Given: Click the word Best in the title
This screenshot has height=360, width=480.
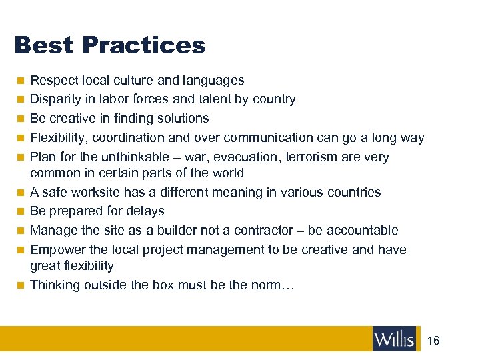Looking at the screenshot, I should point(43,45).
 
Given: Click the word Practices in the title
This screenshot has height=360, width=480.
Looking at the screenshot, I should point(143,45).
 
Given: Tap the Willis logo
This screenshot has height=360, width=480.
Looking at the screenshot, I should point(394,339).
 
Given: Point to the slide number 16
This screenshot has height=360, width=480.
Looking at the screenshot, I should point(433,341).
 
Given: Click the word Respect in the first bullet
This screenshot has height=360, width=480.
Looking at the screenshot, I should point(55,81).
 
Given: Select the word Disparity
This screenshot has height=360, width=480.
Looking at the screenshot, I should point(55,100).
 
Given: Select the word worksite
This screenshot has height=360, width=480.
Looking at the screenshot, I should point(97,193).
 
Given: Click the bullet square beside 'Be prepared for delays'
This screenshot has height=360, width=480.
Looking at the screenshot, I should point(21,211).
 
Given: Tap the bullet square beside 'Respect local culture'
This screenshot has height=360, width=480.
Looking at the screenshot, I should point(21,81).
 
